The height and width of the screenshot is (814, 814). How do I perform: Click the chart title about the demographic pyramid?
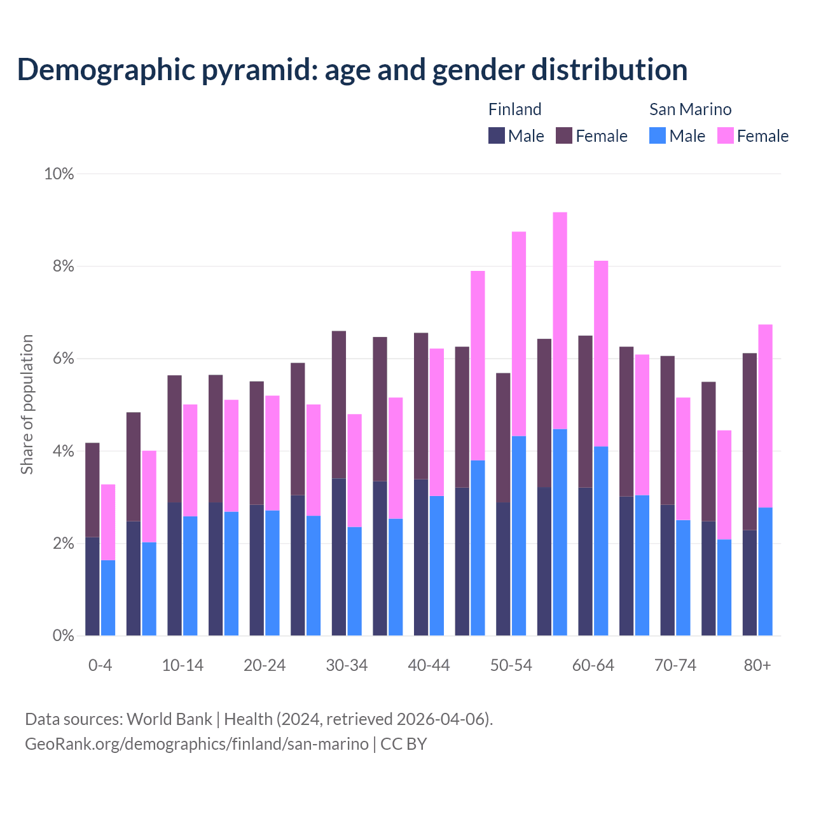coord(352,70)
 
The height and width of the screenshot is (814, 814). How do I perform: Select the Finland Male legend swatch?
coord(496,135)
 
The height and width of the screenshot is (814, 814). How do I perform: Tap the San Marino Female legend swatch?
coord(725,135)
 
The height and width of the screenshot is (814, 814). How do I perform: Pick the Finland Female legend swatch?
coord(564,135)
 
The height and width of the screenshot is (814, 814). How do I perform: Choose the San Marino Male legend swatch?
coord(658,135)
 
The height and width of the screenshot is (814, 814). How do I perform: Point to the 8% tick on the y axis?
coord(59,266)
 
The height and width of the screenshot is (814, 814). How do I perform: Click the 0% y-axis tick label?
coord(59,635)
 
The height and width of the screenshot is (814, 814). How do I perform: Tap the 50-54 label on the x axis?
coord(511,666)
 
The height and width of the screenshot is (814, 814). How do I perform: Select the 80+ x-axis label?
coord(757,666)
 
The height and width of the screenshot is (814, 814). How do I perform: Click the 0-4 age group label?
coord(100,666)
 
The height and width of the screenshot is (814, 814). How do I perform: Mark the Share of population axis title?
coord(27,404)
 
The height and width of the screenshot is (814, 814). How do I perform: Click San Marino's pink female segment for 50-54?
coord(519,334)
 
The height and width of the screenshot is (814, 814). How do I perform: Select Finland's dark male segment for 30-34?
coord(339,556)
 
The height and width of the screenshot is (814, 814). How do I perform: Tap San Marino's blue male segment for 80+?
coord(766,571)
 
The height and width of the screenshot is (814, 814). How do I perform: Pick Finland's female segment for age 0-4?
coord(92,490)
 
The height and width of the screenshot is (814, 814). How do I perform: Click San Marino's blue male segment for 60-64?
coord(601,541)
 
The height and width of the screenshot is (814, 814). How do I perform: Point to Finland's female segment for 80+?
coord(750,441)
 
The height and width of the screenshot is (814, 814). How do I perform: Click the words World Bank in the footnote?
coord(169,719)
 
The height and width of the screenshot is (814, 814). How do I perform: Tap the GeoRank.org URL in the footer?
coord(197,744)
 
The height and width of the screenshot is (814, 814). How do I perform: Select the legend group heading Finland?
coord(514,109)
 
